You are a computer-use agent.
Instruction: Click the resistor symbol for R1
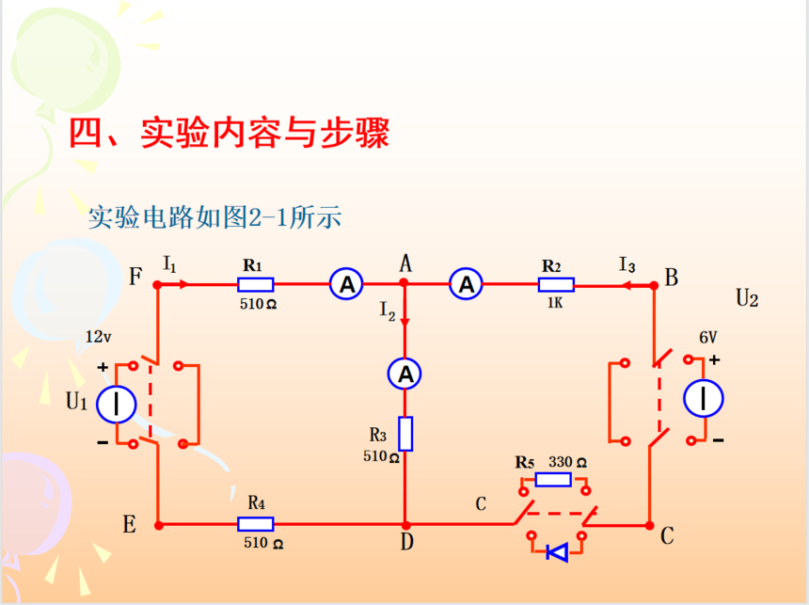point(255,283)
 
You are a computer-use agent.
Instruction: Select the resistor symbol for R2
point(557,283)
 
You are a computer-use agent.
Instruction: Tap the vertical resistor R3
point(405,433)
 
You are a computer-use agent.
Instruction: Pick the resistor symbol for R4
point(255,524)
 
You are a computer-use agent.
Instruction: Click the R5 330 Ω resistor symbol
point(552,479)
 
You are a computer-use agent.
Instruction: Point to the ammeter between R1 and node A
point(346,283)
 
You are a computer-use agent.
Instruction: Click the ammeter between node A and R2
point(466,283)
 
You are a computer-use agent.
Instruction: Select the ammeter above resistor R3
point(405,374)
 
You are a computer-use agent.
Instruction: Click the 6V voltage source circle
point(704,398)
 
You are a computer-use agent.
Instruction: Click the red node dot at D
point(405,524)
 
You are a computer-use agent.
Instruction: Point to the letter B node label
point(671,278)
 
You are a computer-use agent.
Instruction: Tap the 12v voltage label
point(100,337)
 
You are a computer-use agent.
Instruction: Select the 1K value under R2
point(553,304)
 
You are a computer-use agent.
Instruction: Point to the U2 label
point(747,299)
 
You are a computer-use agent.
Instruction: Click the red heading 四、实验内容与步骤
point(230,134)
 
